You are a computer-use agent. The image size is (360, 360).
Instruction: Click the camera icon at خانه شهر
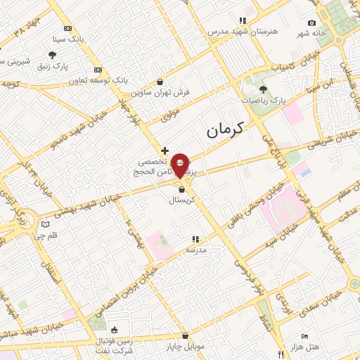click(312, 23)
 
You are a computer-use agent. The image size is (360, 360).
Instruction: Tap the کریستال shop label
click(182, 200)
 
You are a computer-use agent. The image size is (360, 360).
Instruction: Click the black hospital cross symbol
click(165, 150)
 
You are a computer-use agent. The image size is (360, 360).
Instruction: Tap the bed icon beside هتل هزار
click(304, 337)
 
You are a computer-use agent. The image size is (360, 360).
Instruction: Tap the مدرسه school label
click(195, 250)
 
